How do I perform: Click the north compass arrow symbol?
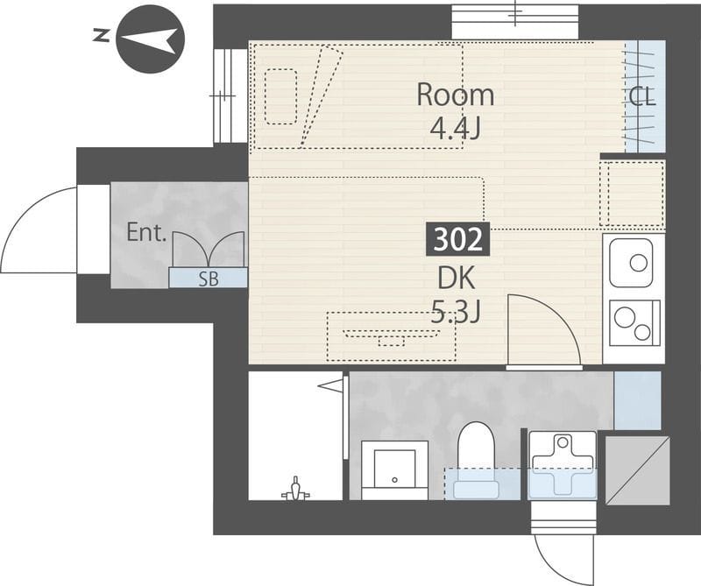(x=150, y=39)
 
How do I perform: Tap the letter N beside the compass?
(x=102, y=35)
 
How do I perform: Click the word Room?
(x=455, y=95)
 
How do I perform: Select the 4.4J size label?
(x=455, y=128)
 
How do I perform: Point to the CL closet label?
(x=642, y=96)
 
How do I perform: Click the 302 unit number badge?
(x=457, y=240)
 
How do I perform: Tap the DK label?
(x=456, y=278)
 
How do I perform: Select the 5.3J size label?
(x=456, y=312)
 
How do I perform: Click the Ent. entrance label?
(x=146, y=232)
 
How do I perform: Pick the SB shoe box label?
(x=209, y=279)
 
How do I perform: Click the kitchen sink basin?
(x=631, y=263)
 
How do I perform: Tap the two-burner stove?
(x=634, y=322)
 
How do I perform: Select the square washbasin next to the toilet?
(x=395, y=470)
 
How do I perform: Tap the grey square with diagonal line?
(x=638, y=470)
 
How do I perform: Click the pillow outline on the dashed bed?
(x=280, y=96)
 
